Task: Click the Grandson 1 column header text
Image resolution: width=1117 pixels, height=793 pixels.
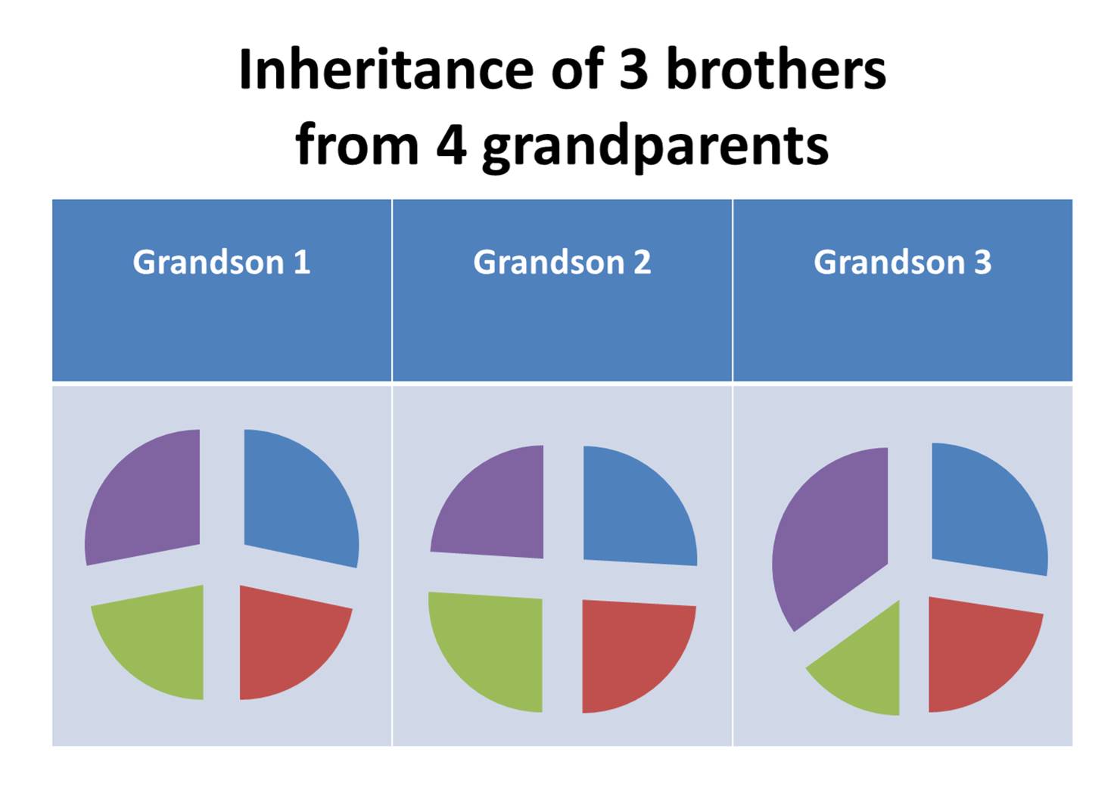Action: pyautogui.click(x=221, y=262)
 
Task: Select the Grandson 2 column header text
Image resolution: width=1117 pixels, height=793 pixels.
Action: pyautogui.click(x=562, y=262)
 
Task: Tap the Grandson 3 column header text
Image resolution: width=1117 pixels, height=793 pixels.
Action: pyautogui.click(x=902, y=262)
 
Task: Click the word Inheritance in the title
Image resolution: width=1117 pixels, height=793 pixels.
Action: pyautogui.click(x=386, y=70)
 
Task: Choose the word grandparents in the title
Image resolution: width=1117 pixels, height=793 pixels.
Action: pyautogui.click(x=655, y=145)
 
